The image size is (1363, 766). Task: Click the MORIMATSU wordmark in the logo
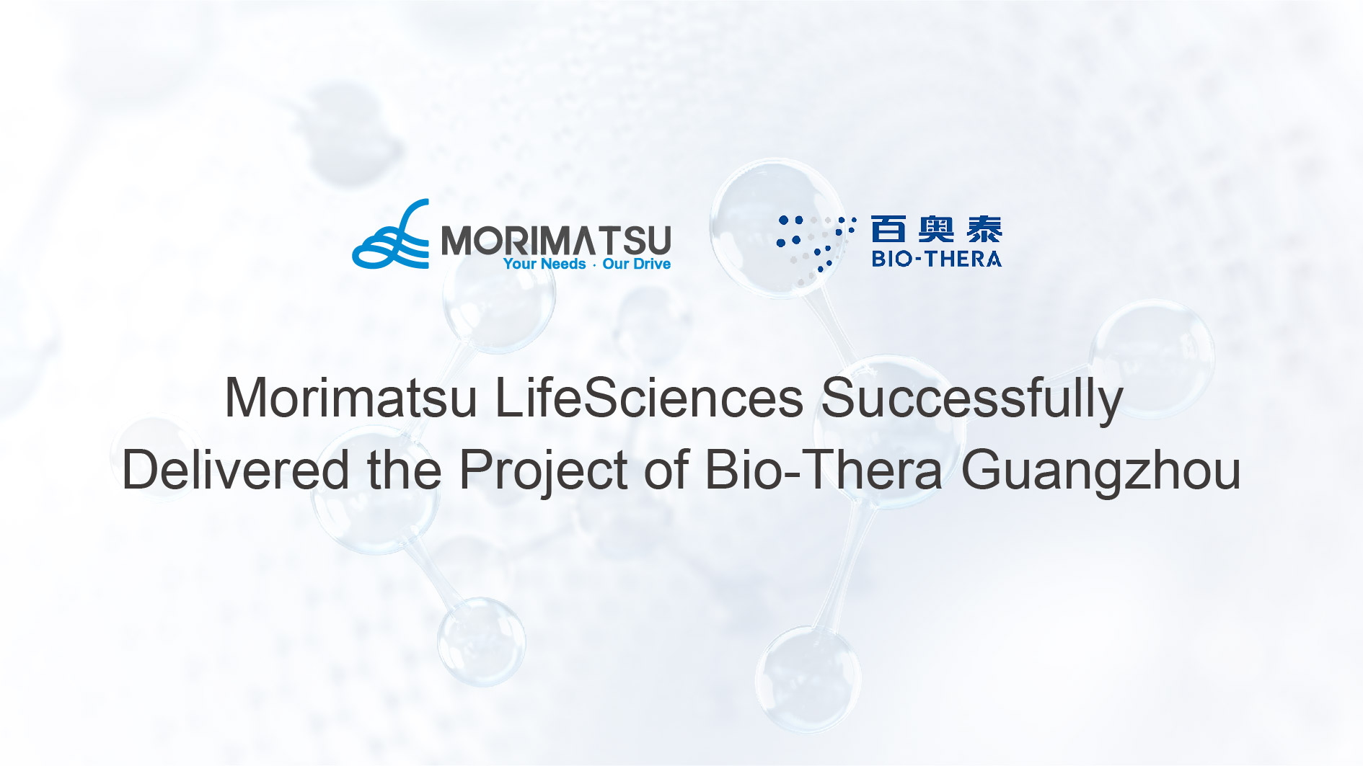pyautogui.click(x=555, y=240)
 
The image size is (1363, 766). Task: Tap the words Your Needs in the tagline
pyautogui.click(x=544, y=264)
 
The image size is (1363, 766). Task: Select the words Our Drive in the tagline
pyautogui.click(x=636, y=264)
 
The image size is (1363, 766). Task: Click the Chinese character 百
pyautogui.click(x=888, y=229)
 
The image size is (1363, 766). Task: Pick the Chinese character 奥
pyautogui.click(x=936, y=229)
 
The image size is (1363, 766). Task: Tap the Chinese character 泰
pyautogui.click(x=984, y=229)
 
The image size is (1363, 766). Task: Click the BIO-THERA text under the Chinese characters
pyautogui.click(x=936, y=259)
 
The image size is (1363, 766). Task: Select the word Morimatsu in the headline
pyautogui.click(x=350, y=398)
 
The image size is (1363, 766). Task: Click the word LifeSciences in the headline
pyautogui.click(x=649, y=398)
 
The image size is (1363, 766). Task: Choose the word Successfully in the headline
pyautogui.click(x=972, y=398)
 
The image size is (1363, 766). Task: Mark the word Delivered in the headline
pyautogui.click(x=235, y=470)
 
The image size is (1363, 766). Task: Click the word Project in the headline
pyautogui.click(x=544, y=470)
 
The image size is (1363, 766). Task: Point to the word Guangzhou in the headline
pyautogui.click(x=1100, y=470)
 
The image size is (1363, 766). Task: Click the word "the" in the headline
pyautogui.click(x=404, y=470)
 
